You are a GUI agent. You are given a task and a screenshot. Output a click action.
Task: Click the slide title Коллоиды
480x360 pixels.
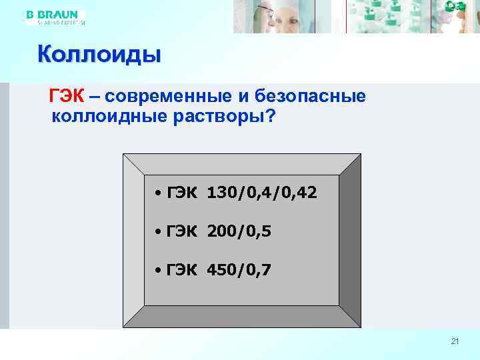click(99, 53)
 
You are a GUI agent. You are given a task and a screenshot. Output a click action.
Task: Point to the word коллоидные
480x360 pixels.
click(107, 117)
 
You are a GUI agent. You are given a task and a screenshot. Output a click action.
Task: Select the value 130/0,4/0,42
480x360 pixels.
click(262, 193)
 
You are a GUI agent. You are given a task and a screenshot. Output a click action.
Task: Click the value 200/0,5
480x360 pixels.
click(239, 232)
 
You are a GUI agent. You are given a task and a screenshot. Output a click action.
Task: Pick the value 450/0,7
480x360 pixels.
click(239, 271)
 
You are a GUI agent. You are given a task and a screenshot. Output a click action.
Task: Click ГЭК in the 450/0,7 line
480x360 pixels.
click(181, 271)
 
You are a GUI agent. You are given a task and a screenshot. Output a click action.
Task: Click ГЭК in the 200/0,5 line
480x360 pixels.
click(181, 232)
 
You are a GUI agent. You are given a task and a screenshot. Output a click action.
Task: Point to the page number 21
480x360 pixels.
click(455, 342)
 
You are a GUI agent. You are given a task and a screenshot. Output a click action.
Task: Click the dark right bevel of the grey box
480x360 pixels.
click(349, 240)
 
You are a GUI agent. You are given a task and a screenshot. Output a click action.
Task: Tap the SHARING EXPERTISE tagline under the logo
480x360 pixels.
click(56, 22)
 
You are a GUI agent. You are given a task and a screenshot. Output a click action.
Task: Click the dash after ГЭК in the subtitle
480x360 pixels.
click(93, 97)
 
